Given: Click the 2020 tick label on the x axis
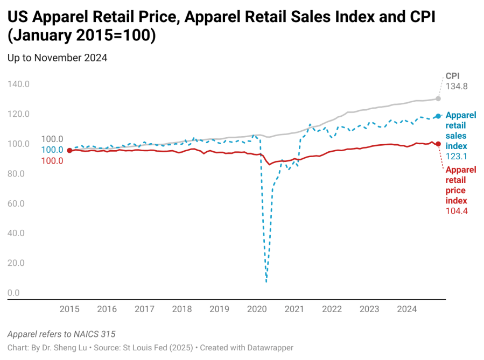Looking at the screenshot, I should (257, 309).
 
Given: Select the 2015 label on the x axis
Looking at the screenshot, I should (69, 309).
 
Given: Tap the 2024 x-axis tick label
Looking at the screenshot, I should (407, 309).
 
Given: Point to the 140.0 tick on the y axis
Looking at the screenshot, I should (18, 84).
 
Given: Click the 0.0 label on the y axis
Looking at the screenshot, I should (13, 293).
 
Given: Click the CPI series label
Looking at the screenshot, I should (452, 76).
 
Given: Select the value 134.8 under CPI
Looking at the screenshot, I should (456, 87).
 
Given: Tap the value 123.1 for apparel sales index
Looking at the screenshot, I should (456, 157).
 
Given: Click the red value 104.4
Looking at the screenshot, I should (457, 211).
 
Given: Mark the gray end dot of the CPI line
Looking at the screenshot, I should (438, 98).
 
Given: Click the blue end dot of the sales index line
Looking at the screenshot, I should (438, 116).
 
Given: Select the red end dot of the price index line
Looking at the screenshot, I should (438, 144).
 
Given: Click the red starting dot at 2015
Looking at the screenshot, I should (69, 151).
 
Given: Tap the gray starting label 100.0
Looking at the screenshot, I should (52, 139).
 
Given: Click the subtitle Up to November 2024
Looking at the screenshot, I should (57, 58).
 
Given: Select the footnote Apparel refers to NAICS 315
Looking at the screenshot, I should (61, 334).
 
